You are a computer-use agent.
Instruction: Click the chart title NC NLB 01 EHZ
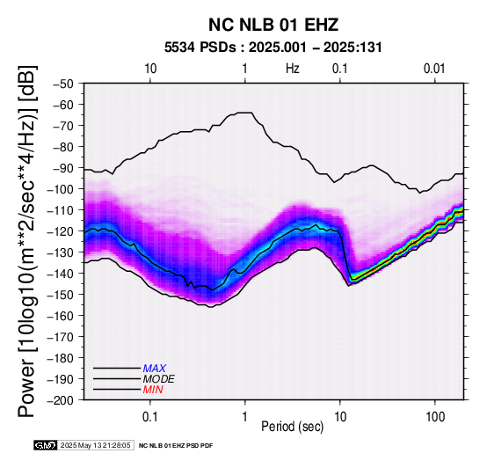pyautogui.click(x=273, y=25)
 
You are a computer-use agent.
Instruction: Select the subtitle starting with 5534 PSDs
pyautogui.click(x=273, y=48)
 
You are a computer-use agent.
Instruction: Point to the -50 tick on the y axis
pyautogui.click(x=63, y=84)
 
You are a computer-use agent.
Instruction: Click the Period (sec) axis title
pyautogui.click(x=292, y=427)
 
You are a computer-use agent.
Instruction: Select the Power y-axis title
pyautogui.click(x=26, y=241)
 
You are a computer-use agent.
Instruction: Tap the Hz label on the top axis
pyautogui.click(x=292, y=69)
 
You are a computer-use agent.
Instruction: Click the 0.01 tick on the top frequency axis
pyautogui.click(x=434, y=69)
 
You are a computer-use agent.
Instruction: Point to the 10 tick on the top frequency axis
pyautogui.click(x=150, y=69)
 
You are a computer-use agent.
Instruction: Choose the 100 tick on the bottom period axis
pyautogui.click(x=435, y=417)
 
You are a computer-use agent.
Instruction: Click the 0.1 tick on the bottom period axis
pyautogui.click(x=150, y=417)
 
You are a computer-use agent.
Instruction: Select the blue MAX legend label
pyautogui.click(x=154, y=369)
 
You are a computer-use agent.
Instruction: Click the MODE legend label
pyautogui.click(x=159, y=379)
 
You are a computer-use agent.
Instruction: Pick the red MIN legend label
pyautogui.click(x=153, y=390)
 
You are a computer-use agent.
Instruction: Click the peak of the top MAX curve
pyautogui.click(x=245, y=113)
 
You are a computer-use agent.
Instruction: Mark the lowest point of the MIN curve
pyautogui.click(x=211, y=307)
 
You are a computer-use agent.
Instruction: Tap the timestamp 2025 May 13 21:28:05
pyautogui.click(x=95, y=445)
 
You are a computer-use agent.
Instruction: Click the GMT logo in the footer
pyautogui.click(x=45, y=445)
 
